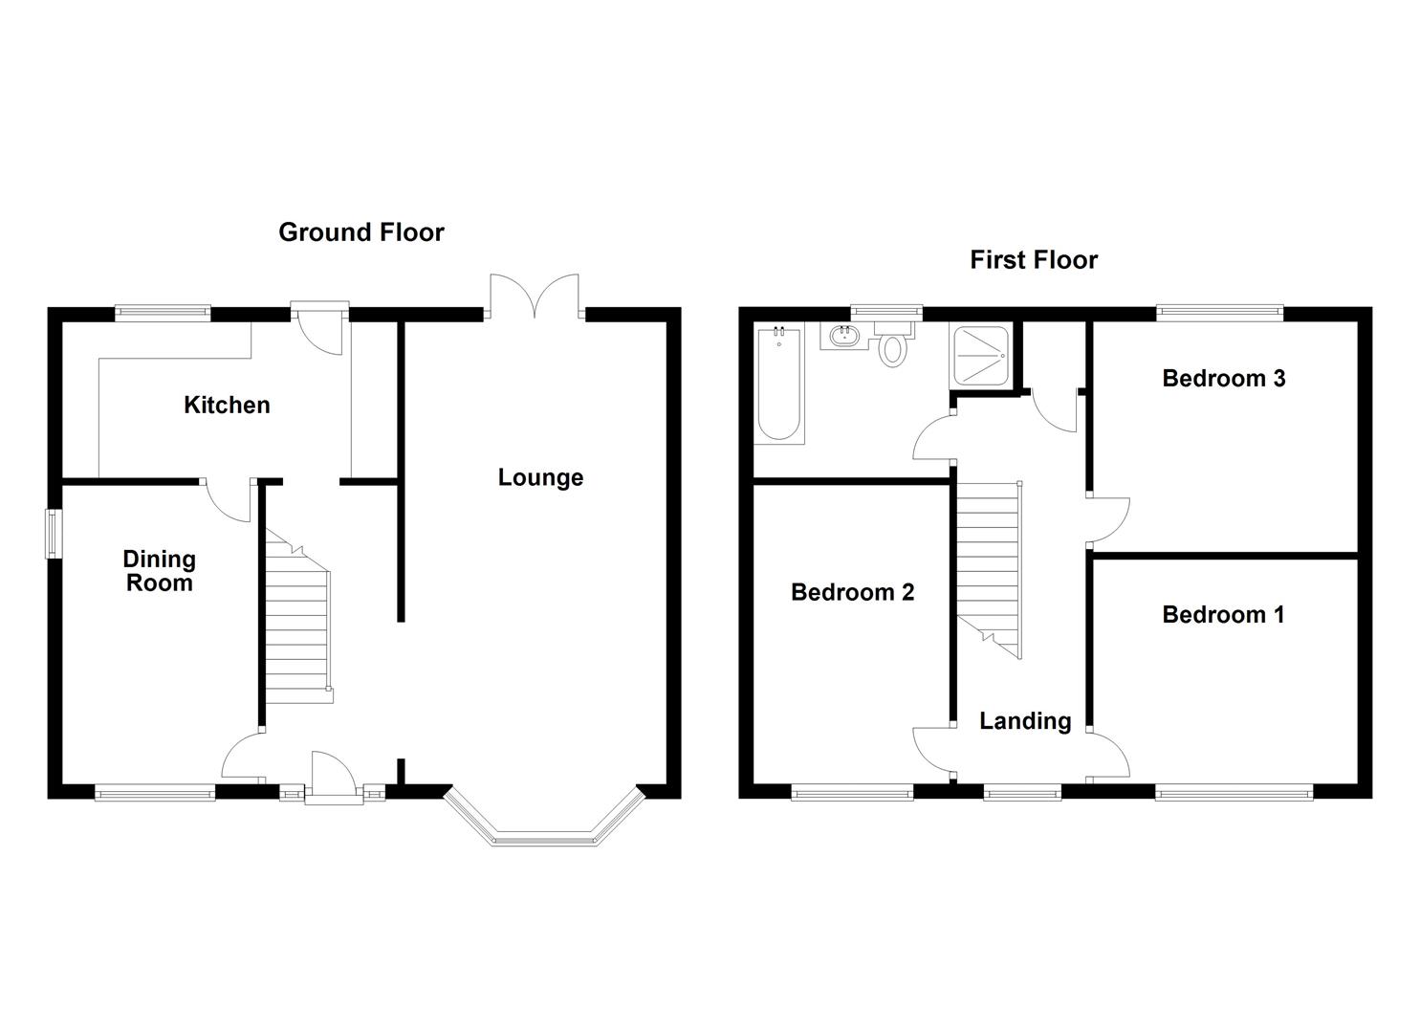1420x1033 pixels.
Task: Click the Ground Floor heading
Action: tap(361, 232)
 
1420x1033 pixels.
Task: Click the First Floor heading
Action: tap(1034, 260)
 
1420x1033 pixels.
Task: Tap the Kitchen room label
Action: tap(227, 406)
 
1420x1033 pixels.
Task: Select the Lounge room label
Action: tap(540, 478)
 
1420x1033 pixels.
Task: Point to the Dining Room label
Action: tap(159, 571)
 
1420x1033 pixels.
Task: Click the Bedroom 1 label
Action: tap(1223, 615)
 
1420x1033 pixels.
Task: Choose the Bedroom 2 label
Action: tap(852, 593)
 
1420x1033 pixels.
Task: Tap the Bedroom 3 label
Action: tap(1223, 379)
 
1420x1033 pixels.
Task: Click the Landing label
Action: tap(1025, 721)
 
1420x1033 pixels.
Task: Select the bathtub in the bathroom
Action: tap(779, 385)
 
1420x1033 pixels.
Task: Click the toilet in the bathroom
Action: tap(892, 347)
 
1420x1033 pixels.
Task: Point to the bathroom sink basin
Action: tap(843, 336)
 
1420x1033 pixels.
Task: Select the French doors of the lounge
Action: tap(535, 297)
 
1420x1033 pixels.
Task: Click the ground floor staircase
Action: tap(297, 622)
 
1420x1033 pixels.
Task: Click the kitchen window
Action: tap(163, 310)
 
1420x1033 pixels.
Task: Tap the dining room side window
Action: tap(54, 532)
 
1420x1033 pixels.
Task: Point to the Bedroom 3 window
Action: tap(1219, 310)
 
